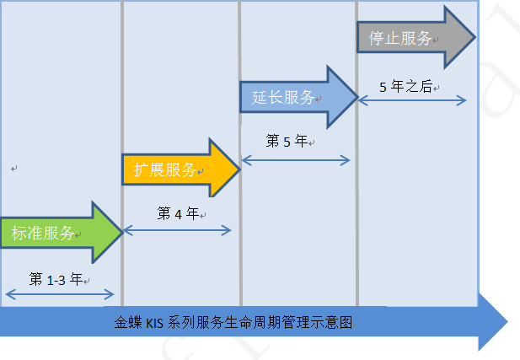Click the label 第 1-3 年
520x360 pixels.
pyautogui.click(x=56, y=278)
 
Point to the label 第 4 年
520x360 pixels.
pyautogui.click(x=177, y=213)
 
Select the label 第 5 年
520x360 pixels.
pyautogui.click(x=287, y=142)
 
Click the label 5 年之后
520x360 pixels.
pyautogui.click(x=406, y=86)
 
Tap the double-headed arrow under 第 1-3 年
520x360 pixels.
pyautogui.click(x=59, y=293)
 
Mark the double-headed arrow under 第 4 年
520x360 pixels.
pyautogui.click(x=177, y=229)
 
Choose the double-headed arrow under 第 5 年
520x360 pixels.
pyautogui.click(x=295, y=159)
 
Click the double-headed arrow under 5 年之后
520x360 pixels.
pyautogui.click(x=413, y=99)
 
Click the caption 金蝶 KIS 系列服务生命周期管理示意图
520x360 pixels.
pyautogui.click(x=233, y=322)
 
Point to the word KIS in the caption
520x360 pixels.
pyautogui.click(x=156, y=322)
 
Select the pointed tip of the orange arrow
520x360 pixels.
pyautogui.click(x=240, y=169)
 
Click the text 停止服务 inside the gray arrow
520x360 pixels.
pyautogui.click(x=399, y=39)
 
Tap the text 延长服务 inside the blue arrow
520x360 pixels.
pyautogui.click(x=283, y=97)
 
